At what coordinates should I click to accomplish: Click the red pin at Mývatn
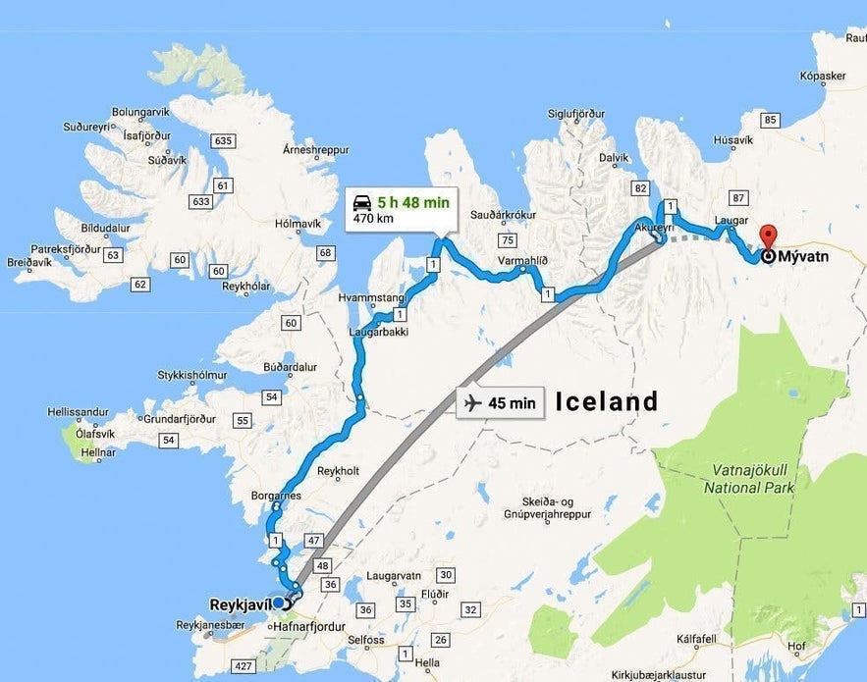pos(768,236)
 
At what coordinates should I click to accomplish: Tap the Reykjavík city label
pos(240,603)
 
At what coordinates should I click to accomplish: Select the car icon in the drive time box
pos(361,203)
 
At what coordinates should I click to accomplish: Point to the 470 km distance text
pos(373,219)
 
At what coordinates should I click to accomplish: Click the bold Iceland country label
pos(607,401)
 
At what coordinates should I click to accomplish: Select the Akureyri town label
pos(655,227)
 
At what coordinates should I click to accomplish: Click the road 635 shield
pos(223,141)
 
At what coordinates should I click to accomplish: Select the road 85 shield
pos(770,121)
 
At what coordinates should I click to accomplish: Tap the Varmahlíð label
pos(522,262)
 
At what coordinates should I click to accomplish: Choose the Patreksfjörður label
pos(66,249)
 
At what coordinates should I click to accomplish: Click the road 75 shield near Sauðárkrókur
pos(508,240)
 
